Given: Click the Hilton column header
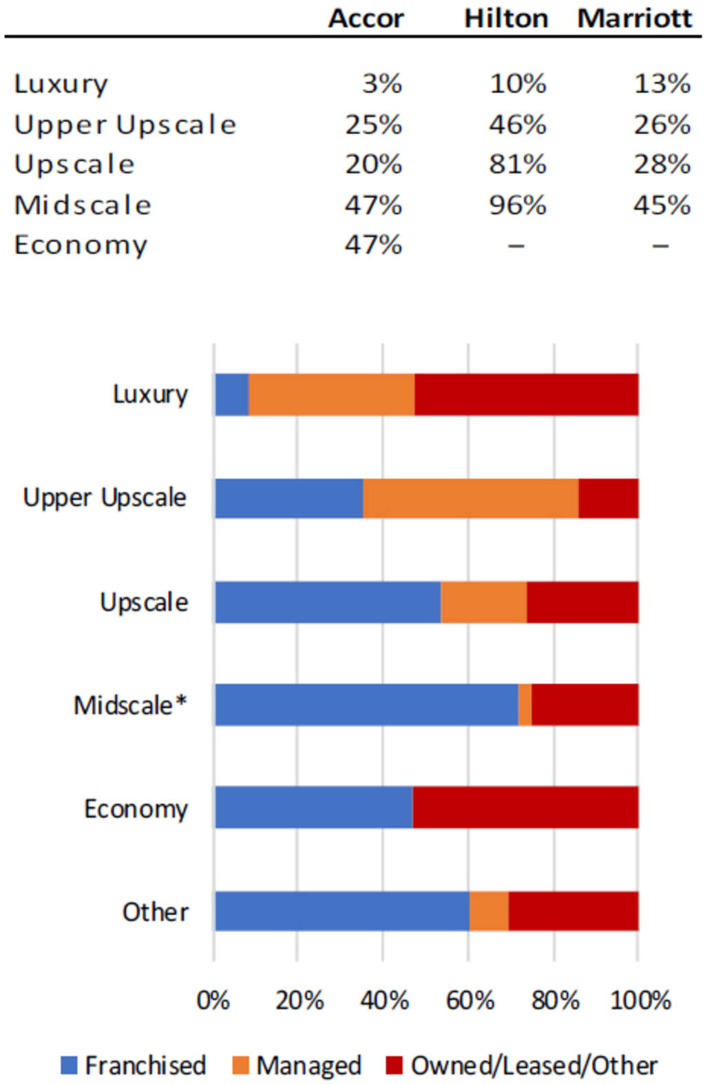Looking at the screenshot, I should [506, 18].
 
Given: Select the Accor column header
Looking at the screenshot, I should [366, 18].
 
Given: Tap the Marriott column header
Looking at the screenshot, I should [634, 18].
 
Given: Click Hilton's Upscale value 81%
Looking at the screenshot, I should [518, 165].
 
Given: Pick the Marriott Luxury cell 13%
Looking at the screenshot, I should [662, 84].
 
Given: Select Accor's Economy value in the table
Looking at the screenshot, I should [374, 245].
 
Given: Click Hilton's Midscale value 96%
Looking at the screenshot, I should [518, 205].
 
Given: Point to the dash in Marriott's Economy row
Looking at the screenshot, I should [660, 245].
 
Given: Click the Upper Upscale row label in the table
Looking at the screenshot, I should [125, 125].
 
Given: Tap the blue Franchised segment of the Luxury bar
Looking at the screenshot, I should [232, 394].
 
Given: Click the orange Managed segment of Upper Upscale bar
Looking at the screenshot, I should [470, 498].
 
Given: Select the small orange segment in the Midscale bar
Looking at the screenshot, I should [525, 704].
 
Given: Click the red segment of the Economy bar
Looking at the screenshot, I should [525, 807].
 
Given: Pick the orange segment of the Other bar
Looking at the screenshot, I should [489, 911].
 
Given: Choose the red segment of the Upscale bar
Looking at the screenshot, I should [582, 602].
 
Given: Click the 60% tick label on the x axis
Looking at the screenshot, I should [470, 1000].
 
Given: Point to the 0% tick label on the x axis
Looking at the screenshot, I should [213, 1000].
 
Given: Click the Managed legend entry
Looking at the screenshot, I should [297, 1065].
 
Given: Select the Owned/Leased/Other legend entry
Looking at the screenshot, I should [522, 1065].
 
